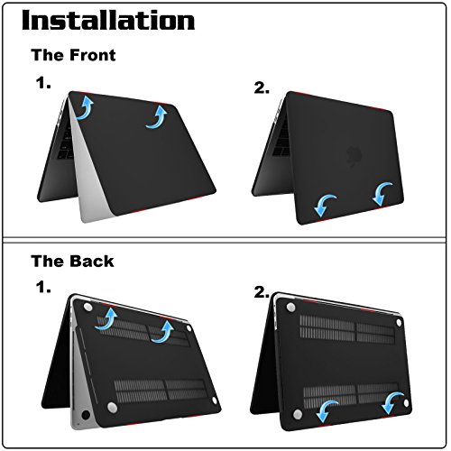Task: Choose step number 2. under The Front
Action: [262, 87]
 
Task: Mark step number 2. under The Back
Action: [262, 292]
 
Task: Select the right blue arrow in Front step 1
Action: [160, 116]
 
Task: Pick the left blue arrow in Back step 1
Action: [107, 318]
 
